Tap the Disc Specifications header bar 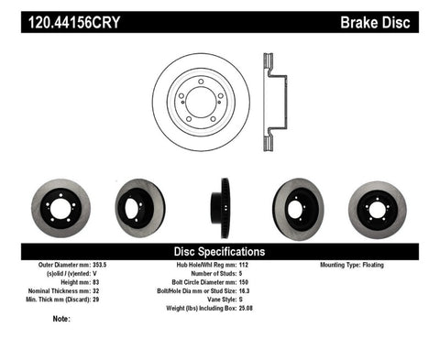(x=219, y=251)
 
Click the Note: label (x=62, y=319)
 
